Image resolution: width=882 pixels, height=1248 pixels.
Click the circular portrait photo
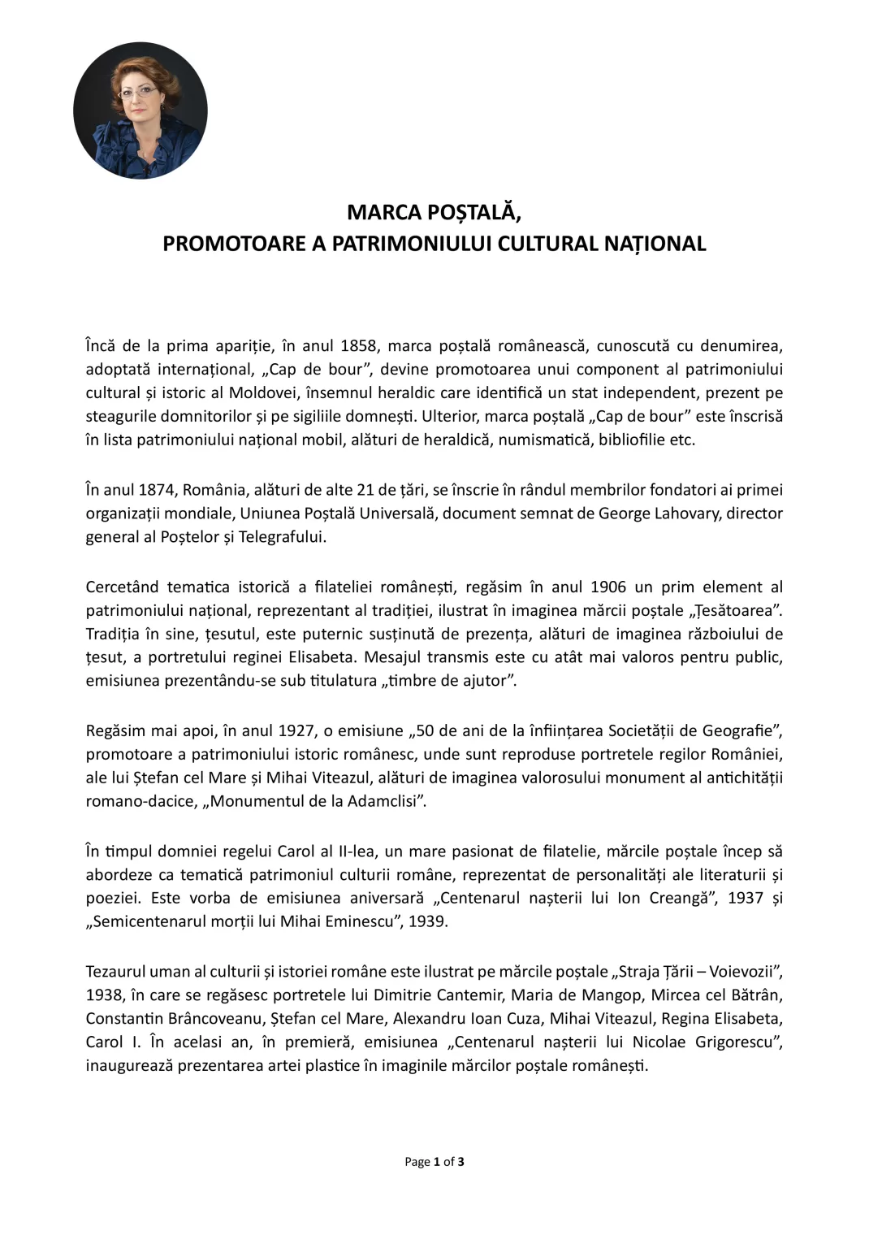(x=141, y=110)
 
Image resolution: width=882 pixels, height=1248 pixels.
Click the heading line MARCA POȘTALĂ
(x=434, y=212)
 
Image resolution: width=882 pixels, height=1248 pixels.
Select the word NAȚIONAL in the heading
(x=655, y=244)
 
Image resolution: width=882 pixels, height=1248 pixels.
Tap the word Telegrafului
(x=282, y=537)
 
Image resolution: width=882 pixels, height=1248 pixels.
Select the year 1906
(x=608, y=587)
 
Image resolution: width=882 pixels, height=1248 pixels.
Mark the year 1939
(x=428, y=921)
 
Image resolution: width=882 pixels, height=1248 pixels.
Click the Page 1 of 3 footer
(x=435, y=1162)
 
